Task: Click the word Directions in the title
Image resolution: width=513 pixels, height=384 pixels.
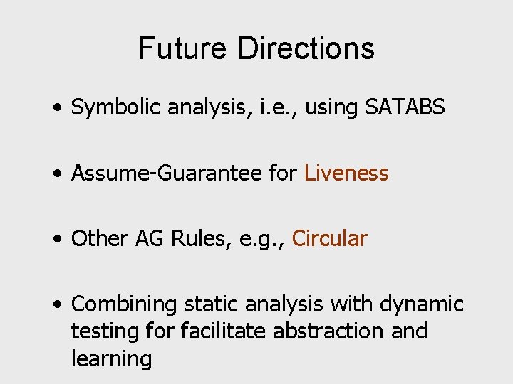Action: pos(306,48)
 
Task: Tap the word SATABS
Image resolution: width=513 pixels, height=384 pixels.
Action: pos(405,107)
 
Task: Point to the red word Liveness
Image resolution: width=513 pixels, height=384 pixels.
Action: pos(346,173)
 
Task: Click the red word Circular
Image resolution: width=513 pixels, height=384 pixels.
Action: pos(329,238)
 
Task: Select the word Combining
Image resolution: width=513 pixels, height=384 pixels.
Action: pos(125,304)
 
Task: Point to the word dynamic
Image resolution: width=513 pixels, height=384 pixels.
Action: pos(422,304)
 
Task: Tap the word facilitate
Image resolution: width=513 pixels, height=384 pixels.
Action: pos(218,331)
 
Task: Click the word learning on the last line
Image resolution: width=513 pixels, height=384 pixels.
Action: pos(112,358)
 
